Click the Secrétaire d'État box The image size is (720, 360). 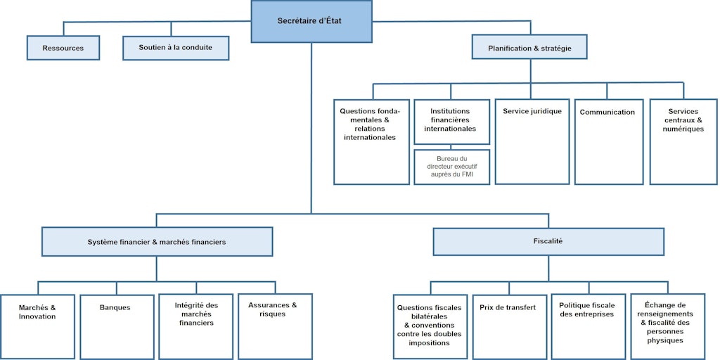311,21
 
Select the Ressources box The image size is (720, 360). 63,48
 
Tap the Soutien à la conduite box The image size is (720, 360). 176,48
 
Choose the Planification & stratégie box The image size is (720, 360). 529,48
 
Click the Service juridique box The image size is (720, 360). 532,141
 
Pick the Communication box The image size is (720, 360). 607,141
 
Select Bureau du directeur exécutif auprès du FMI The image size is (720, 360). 451,167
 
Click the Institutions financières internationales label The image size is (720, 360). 451,120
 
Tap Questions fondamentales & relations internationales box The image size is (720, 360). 371,141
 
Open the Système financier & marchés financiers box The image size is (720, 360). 157,241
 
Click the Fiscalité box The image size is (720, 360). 548,241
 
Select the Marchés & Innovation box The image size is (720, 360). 37,326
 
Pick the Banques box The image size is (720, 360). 115,326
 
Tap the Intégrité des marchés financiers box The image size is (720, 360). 196,326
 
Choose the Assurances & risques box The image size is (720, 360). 275,326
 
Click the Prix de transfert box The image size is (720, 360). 508,326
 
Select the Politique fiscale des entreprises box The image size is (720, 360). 586,326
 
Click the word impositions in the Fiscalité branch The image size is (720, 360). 429,342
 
